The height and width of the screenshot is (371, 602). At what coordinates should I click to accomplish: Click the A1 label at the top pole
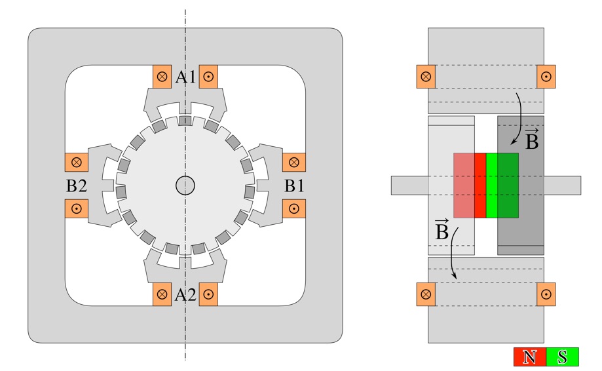(185, 77)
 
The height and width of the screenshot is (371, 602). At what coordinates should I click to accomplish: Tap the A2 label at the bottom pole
(185, 295)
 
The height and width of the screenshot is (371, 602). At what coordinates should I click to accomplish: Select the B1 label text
(294, 186)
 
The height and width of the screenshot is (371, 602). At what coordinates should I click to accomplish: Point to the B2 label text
(76, 186)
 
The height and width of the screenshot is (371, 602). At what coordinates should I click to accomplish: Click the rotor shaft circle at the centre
(185, 186)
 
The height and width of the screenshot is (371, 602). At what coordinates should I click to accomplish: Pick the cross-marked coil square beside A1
(162, 76)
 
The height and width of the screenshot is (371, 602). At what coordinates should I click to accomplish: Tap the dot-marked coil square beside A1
(208, 76)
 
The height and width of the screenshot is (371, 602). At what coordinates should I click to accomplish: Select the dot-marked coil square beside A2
(208, 295)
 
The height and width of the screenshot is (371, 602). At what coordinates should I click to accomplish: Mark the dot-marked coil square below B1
(294, 208)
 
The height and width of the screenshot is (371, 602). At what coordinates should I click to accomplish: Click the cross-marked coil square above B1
(294, 161)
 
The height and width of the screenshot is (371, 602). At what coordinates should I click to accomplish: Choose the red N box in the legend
(529, 357)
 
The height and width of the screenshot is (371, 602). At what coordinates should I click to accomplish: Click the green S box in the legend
(562, 357)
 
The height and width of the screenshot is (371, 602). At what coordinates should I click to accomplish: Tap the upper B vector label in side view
(532, 140)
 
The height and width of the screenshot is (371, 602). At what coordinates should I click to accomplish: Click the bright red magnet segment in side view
(480, 185)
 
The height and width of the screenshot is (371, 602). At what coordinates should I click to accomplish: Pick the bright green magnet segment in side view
(491, 185)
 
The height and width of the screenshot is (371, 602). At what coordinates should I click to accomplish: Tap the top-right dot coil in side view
(546, 77)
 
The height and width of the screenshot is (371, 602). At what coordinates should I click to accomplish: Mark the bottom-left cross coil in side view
(426, 294)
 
